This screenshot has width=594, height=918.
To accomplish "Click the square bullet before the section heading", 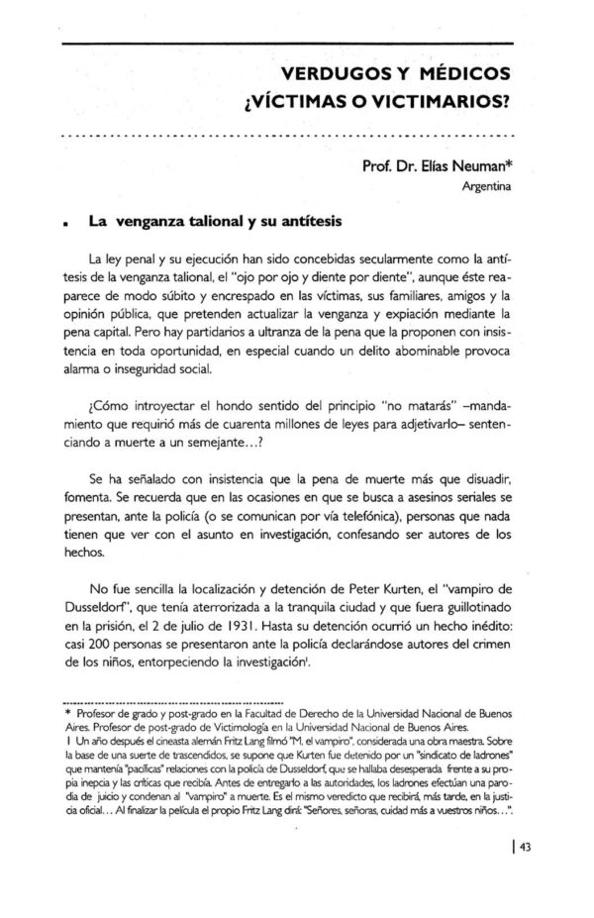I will (64, 224).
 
